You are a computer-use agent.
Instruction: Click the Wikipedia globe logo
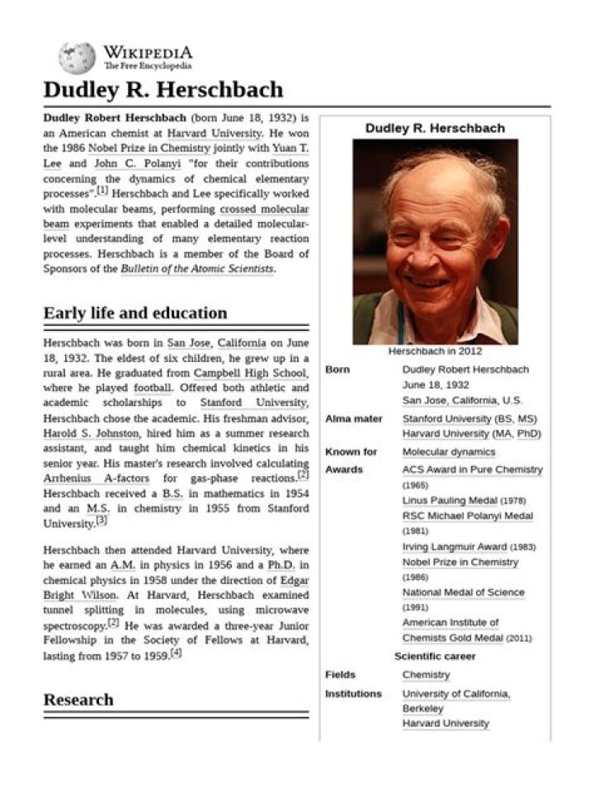point(77,58)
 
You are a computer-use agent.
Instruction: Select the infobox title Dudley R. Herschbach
point(435,128)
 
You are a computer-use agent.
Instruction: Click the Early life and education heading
point(134,313)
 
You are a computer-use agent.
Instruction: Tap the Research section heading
point(78,700)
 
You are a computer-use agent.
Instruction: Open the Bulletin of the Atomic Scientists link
point(197,269)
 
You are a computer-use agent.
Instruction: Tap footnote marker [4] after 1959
point(176,654)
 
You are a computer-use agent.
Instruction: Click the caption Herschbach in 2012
point(435,351)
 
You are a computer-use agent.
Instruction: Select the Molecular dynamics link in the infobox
point(449,452)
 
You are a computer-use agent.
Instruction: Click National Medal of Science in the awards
point(463,592)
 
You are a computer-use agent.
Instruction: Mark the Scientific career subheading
point(435,657)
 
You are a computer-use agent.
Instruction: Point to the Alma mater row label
point(354,419)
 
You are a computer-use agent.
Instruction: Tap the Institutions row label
point(353,694)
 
